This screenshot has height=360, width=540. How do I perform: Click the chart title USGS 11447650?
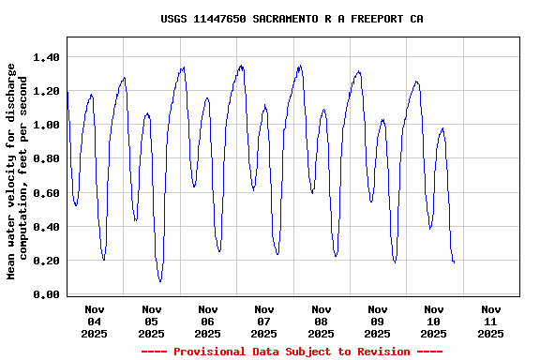(x=292, y=19)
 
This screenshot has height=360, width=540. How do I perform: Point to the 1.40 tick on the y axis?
(x=46, y=57)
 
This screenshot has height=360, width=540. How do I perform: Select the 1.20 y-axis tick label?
(x=46, y=91)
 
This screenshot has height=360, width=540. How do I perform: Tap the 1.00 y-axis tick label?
(x=46, y=125)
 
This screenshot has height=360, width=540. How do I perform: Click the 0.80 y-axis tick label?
(x=46, y=159)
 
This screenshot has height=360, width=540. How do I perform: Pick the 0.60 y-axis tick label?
(x=46, y=193)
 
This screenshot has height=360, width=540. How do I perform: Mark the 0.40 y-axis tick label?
(x=46, y=227)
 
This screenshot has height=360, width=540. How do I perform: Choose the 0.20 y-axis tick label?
(x=46, y=261)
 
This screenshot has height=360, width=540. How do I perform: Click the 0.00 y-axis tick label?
(x=46, y=294)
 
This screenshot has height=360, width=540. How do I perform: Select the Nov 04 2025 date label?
(x=95, y=321)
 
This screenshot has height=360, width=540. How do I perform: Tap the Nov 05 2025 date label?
(x=151, y=321)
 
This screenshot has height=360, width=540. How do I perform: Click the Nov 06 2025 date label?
(x=208, y=321)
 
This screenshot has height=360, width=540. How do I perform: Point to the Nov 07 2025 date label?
(x=264, y=321)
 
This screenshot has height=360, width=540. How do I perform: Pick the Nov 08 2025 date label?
(x=321, y=321)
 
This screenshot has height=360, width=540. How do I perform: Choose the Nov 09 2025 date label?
(x=378, y=321)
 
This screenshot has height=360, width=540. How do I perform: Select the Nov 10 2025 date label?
(x=434, y=321)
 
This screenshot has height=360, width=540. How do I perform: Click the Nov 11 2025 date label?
(x=490, y=321)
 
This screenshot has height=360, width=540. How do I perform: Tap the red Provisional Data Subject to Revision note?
(x=292, y=352)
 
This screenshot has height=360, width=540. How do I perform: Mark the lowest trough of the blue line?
(x=160, y=281)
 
